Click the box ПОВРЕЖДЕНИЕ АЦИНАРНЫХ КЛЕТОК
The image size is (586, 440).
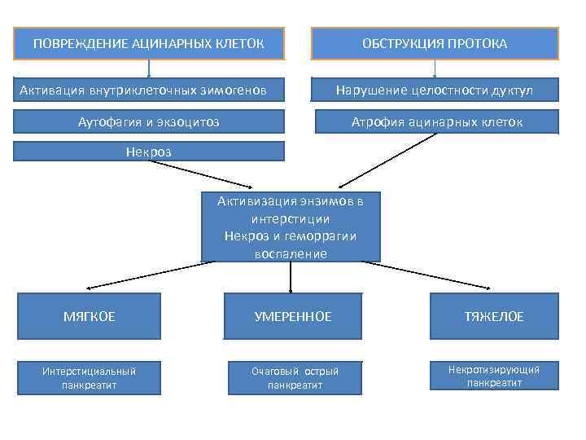[149, 43]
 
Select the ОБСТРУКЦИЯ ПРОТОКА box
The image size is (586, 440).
[435, 43]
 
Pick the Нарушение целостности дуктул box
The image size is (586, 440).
[435, 90]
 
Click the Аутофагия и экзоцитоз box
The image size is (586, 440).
[149, 121]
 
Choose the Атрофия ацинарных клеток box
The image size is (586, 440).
[437, 122]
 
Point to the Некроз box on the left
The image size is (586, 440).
[149, 151]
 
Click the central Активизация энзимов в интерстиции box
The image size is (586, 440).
[291, 227]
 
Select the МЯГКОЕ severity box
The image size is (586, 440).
[90, 316]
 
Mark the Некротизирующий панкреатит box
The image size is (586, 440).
[494, 376]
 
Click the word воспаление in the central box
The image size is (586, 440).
[291, 253]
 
